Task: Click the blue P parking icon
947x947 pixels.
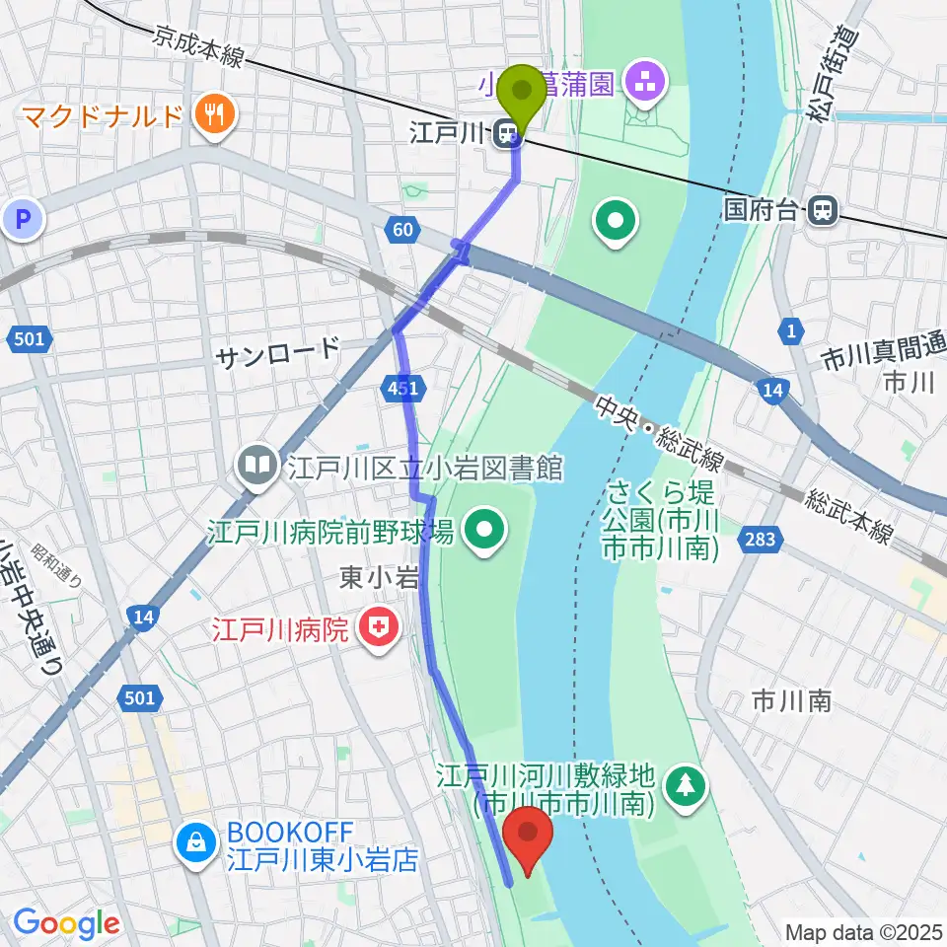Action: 23,219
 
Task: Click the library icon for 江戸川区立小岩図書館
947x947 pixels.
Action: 258,465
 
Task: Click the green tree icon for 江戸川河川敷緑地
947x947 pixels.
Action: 683,786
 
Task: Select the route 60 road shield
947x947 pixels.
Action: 401,230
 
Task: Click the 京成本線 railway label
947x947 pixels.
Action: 197,49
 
